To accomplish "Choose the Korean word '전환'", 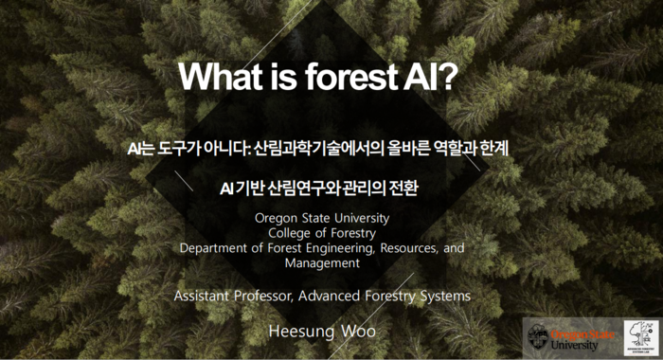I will click(402, 188).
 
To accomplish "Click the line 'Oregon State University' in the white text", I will click(322, 218).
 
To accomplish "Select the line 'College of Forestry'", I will click(322, 233).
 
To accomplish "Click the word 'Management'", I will click(322, 262).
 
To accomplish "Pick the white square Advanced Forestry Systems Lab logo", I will click(641, 338).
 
